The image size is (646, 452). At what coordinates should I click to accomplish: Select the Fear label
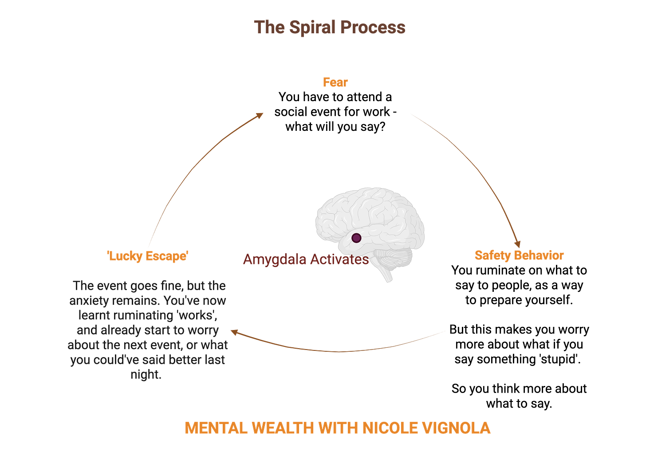[x=335, y=82]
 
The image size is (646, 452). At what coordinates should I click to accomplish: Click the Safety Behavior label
[x=519, y=255]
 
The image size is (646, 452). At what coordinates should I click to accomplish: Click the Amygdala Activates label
[x=305, y=259]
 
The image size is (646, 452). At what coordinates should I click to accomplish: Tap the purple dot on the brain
[x=356, y=238]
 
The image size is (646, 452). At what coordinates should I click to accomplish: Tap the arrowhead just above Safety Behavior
[x=517, y=244]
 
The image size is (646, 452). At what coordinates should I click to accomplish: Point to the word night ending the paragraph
[x=145, y=374]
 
